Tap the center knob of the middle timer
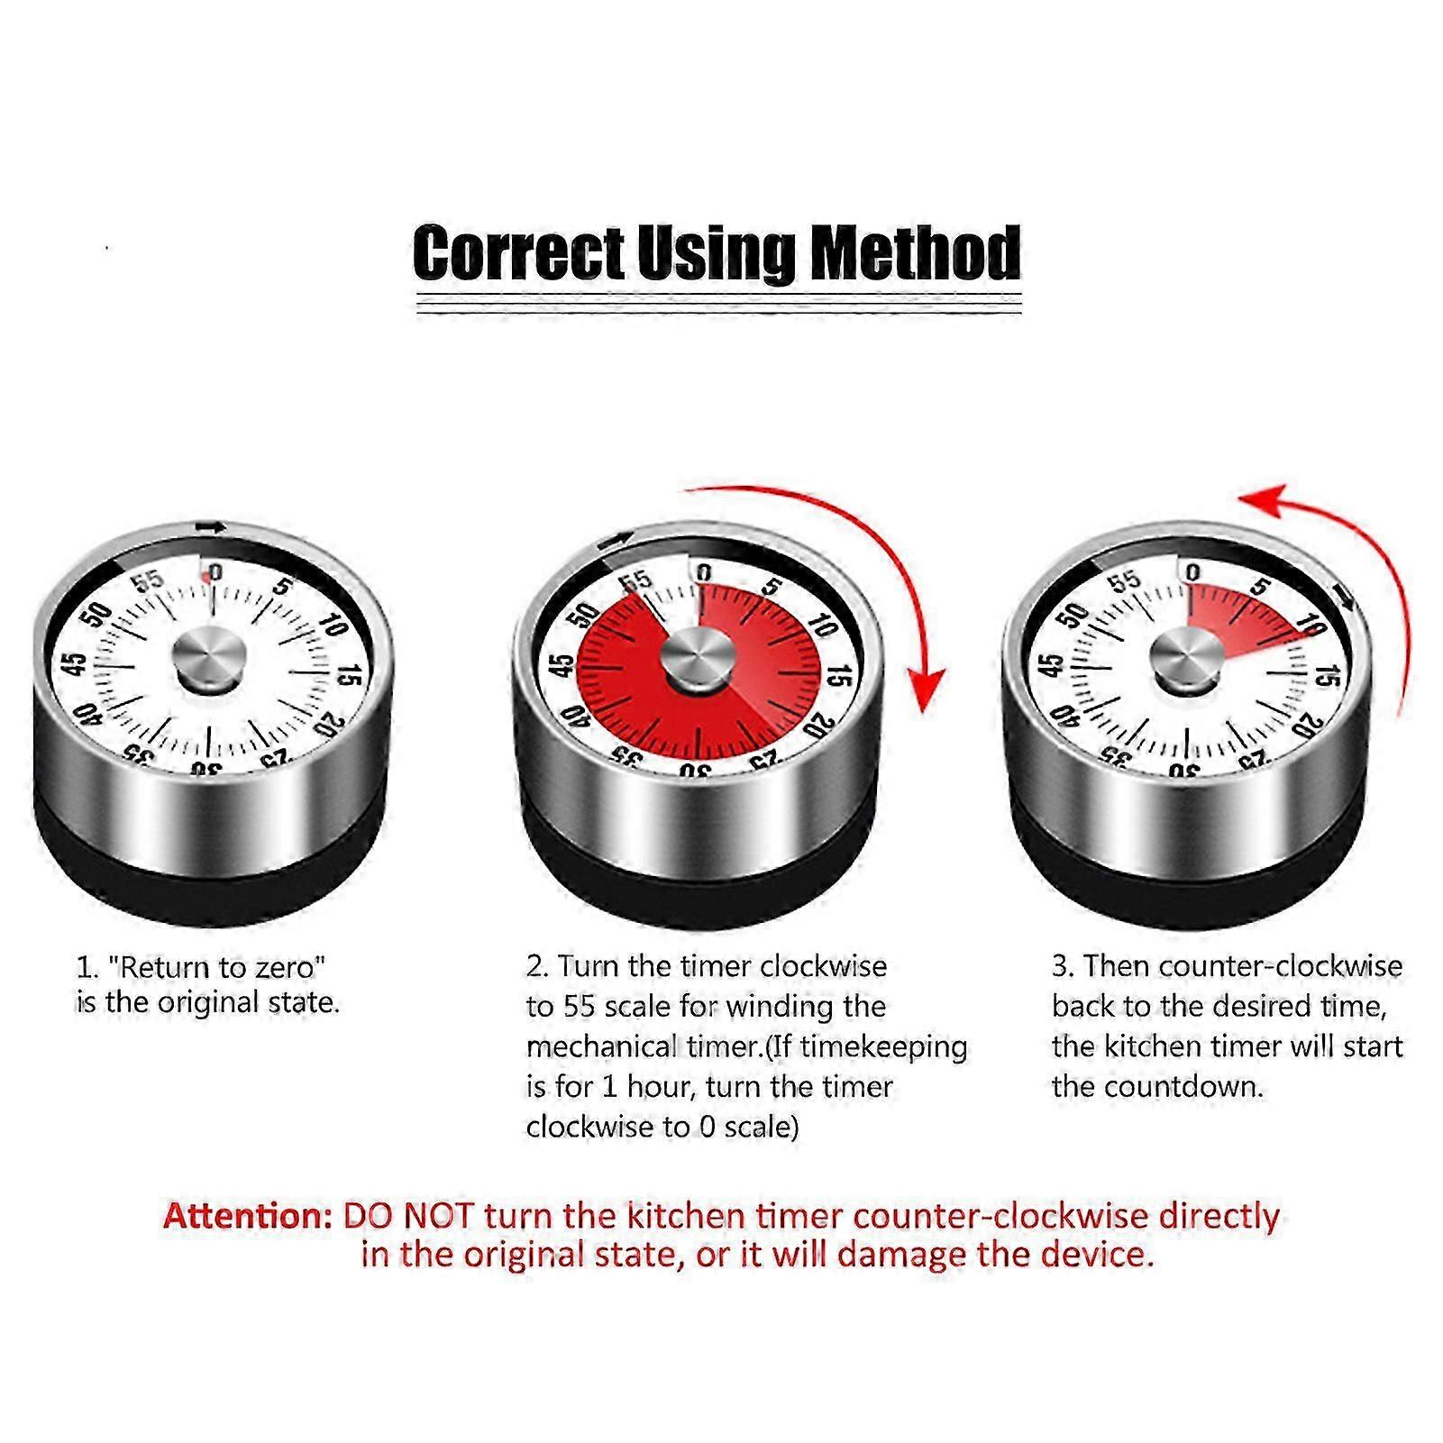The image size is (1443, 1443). coord(697,655)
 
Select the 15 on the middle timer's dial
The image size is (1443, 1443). coord(839,676)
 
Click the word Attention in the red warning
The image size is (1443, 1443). coord(248,1217)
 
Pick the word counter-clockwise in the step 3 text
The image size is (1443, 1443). coord(1281,966)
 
